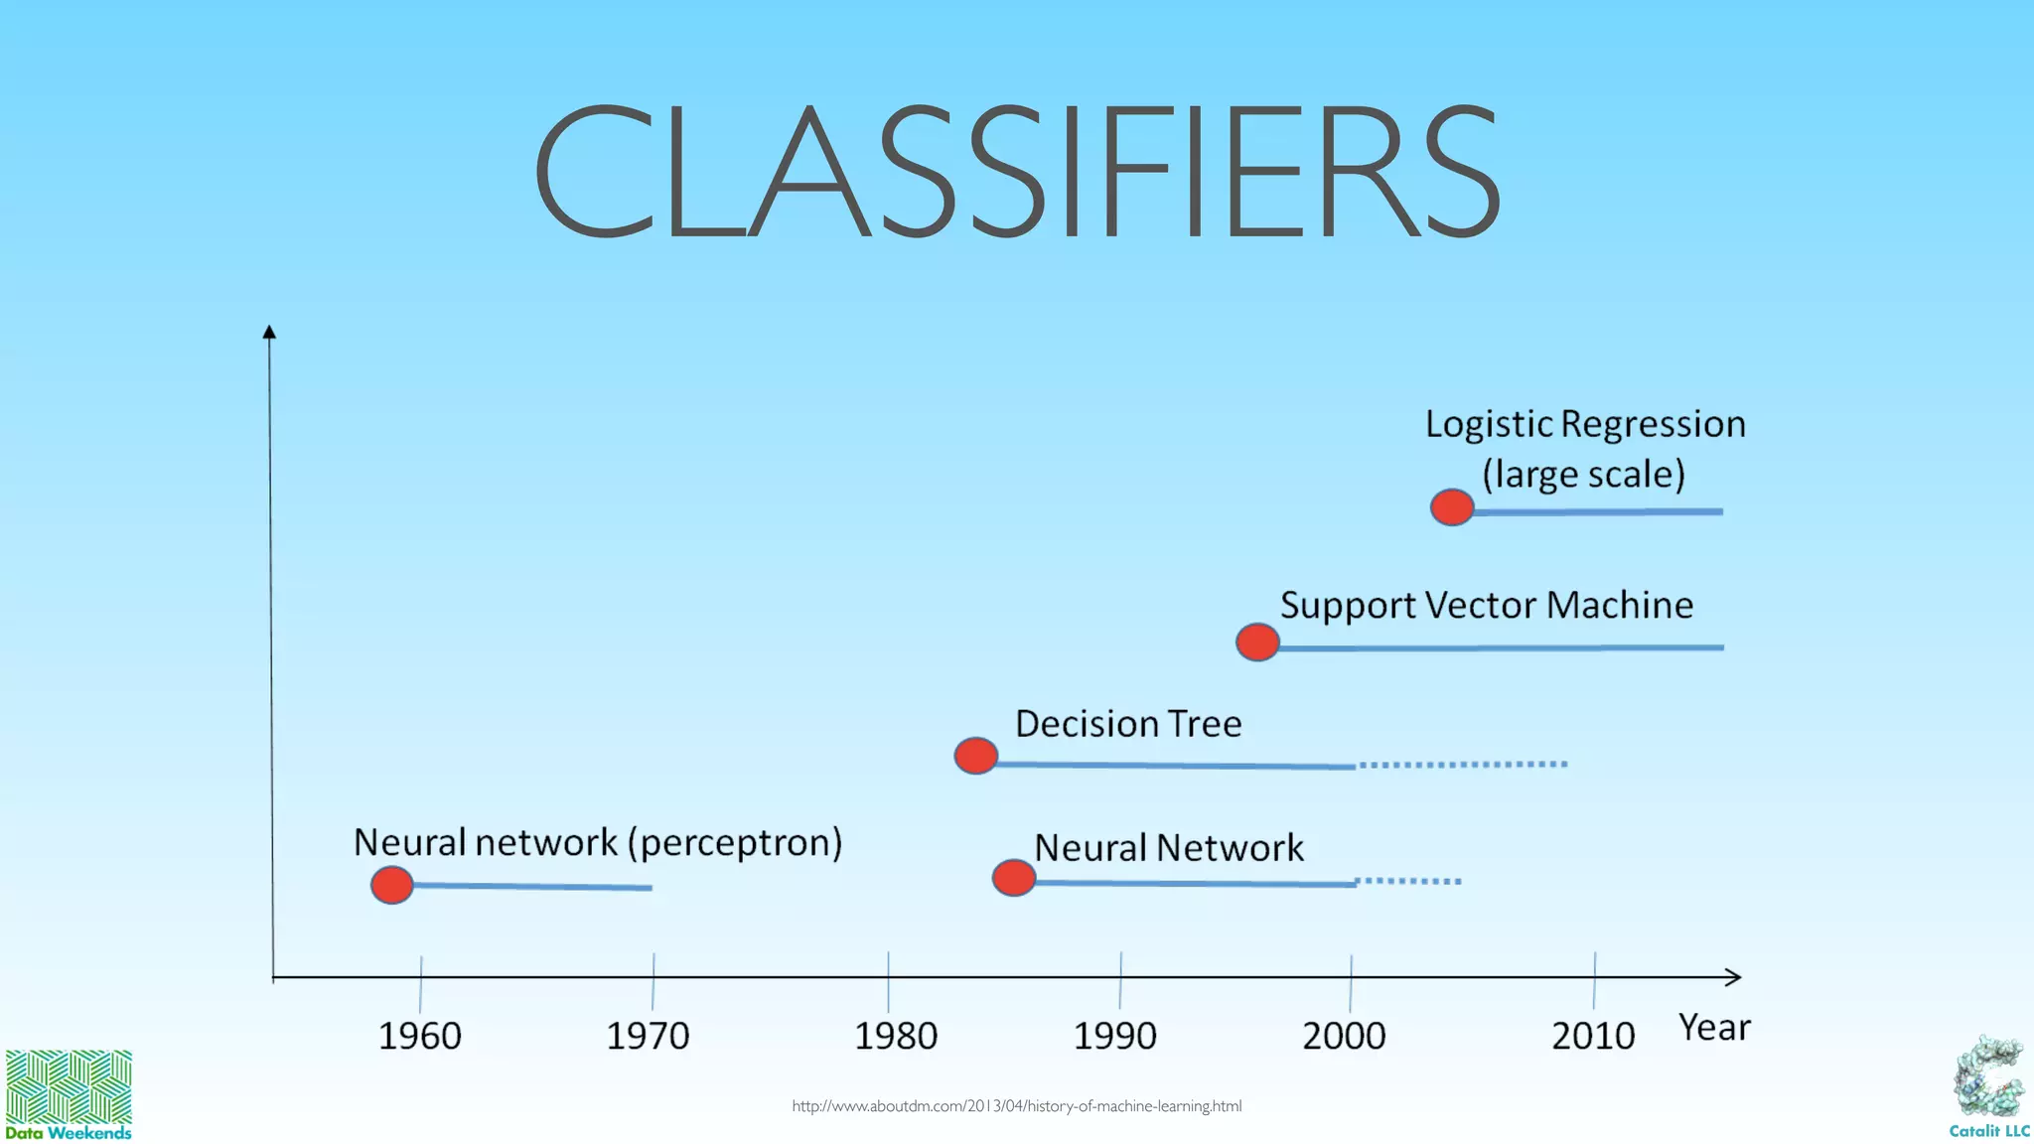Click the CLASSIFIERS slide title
[1017, 171]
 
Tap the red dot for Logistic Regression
[1452, 507]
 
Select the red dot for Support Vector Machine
[1257, 643]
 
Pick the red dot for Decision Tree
[975, 756]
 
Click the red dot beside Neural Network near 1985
[1013, 878]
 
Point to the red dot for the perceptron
[391, 884]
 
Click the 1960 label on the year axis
[419, 1036]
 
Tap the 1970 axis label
[648, 1036]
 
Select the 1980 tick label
[896, 1036]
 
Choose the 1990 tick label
[1114, 1036]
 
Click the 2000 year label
[1344, 1036]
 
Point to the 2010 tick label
[1593, 1036]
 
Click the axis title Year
[1714, 1028]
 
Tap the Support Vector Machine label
[1486, 606]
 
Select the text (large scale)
[1584, 475]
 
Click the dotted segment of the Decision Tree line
[1462, 764]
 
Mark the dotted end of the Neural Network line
[1408, 881]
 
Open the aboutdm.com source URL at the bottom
[1016, 1105]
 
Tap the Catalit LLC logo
[1989, 1087]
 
